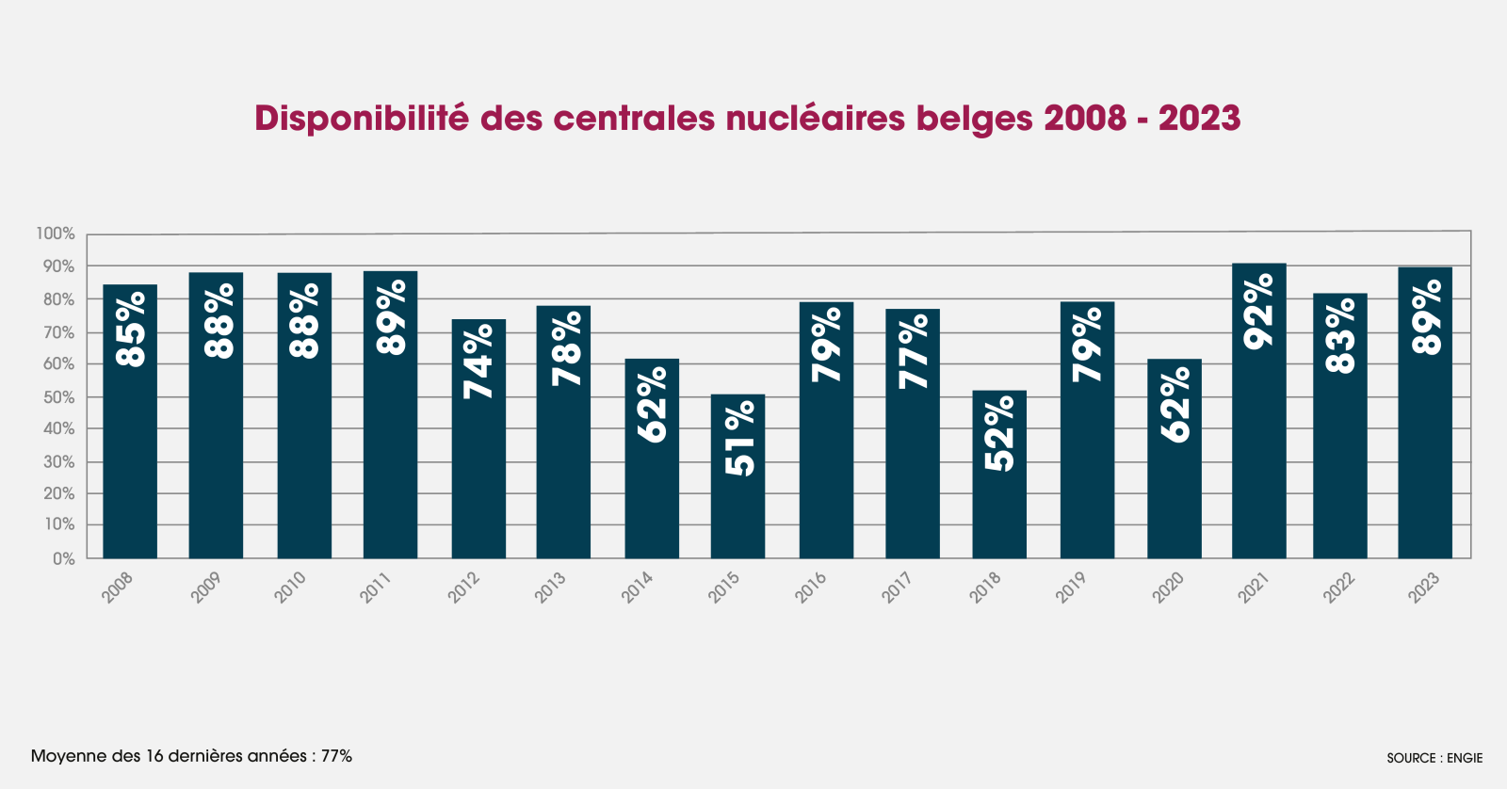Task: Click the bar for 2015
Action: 737,476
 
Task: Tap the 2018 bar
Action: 999,475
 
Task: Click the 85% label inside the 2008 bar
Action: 130,329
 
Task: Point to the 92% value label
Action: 1258,312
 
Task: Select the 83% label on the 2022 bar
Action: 1340,335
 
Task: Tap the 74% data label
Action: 478,362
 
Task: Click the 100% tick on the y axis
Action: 56,233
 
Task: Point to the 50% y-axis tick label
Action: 58,397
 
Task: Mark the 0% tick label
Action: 63,558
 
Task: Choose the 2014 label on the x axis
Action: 638,588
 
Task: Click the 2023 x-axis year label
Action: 1423,588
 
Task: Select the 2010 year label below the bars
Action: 290,588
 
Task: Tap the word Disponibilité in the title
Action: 361,119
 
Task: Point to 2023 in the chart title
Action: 1199,119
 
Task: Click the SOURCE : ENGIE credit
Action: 1434,758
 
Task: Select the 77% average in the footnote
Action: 336,756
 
